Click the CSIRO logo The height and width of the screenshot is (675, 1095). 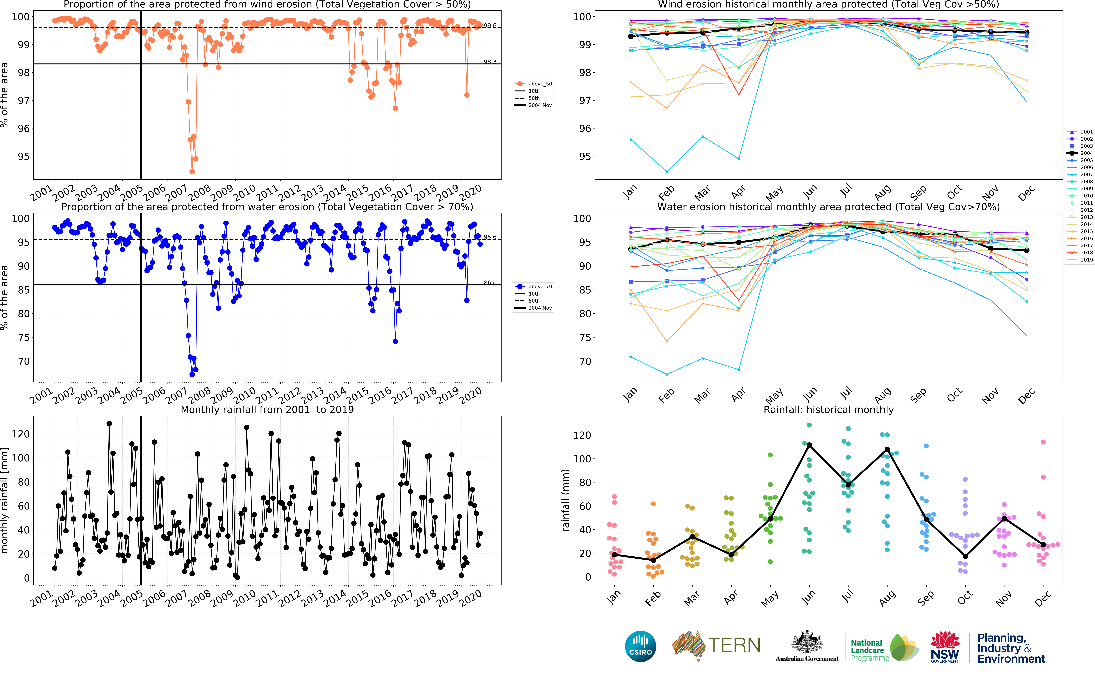pyautogui.click(x=641, y=646)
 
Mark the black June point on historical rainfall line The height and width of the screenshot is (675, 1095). pyautogui.click(x=809, y=445)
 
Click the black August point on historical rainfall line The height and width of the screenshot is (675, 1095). pyautogui.click(x=887, y=450)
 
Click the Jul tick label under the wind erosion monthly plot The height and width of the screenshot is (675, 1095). pyautogui.click(x=846, y=191)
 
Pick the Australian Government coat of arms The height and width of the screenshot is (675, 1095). pyautogui.click(x=807, y=643)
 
